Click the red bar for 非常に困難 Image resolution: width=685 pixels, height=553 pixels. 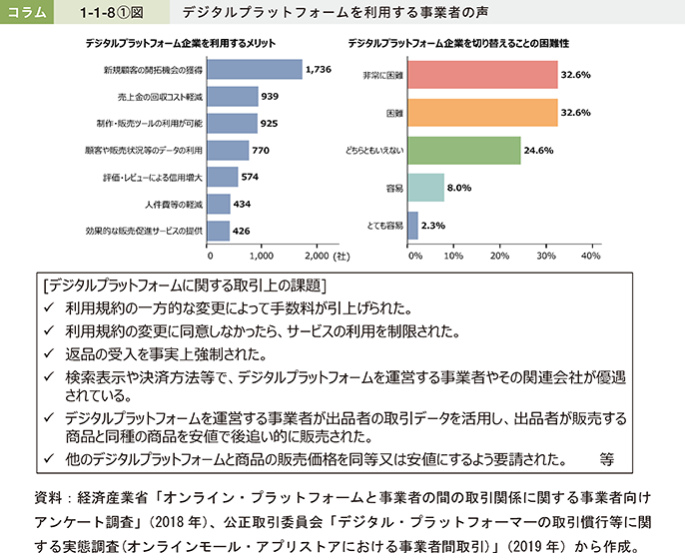[x=482, y=75]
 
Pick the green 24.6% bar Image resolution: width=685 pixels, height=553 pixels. [x=464, y=151]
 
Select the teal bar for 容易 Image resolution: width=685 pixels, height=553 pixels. [x=426, y=188]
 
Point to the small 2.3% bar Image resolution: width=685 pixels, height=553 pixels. [x=412, y=226]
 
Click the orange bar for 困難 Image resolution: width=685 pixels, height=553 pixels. [x=482, y=113]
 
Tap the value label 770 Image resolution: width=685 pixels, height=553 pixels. [x=262, y=151]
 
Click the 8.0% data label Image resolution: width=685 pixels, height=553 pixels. [x=460, y=188]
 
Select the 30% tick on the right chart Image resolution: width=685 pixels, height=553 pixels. [x=545, y=256]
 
